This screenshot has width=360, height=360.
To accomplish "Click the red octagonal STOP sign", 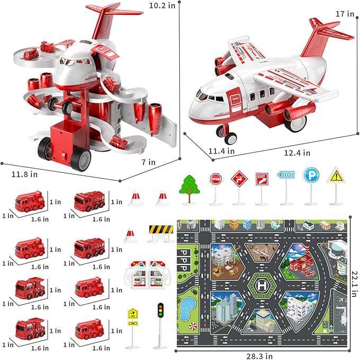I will coord(215,179).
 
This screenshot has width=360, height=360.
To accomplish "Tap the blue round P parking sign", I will coord(311,176).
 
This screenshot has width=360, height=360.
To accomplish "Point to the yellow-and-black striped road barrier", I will coord(161,230).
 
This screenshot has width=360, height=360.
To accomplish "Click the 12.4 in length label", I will coord(297,153).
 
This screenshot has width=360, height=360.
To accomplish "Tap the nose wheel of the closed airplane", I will coord(231,138).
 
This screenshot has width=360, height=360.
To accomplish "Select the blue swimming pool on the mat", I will coord(188,307).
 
